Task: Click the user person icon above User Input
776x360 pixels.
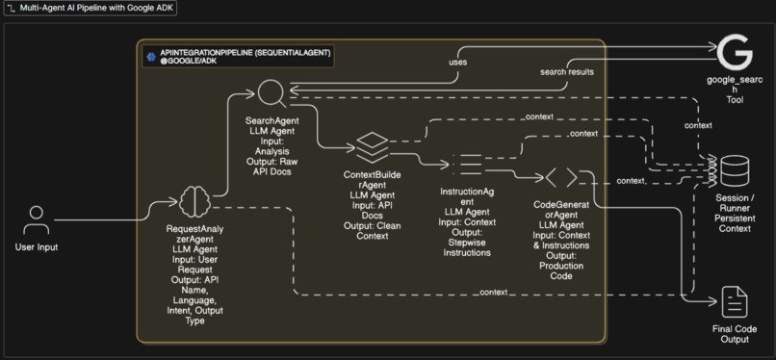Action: point(37,218)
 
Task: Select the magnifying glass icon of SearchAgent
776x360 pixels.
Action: point(272,94)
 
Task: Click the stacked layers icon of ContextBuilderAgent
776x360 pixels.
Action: point(371,147)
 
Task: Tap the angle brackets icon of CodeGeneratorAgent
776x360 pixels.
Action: point(561,177)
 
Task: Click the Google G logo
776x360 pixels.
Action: point(734,51)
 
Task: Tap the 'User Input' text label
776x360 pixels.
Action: point(37,246)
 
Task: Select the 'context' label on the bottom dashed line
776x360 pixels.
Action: point(494,292)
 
